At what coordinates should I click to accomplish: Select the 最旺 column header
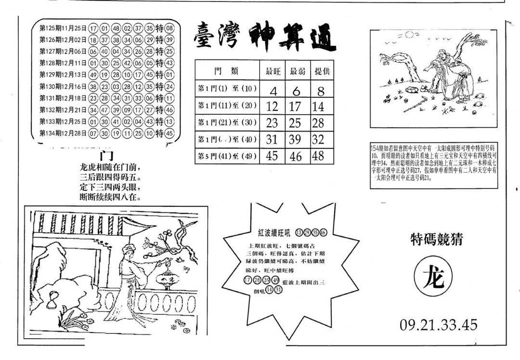273,71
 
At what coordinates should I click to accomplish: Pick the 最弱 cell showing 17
295,107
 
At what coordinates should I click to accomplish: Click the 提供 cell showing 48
318,156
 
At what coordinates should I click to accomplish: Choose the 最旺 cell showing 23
272,123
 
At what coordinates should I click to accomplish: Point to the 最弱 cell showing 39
295,139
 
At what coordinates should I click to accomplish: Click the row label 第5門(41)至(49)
227,156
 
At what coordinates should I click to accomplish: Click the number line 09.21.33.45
438,325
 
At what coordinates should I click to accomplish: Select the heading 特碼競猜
436,240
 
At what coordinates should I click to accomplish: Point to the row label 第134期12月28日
63,133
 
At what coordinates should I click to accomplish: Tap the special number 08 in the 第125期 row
169,28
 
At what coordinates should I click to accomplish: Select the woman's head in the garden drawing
129,250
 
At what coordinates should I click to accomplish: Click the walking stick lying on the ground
415,103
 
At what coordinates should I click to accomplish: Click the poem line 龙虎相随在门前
111,168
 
